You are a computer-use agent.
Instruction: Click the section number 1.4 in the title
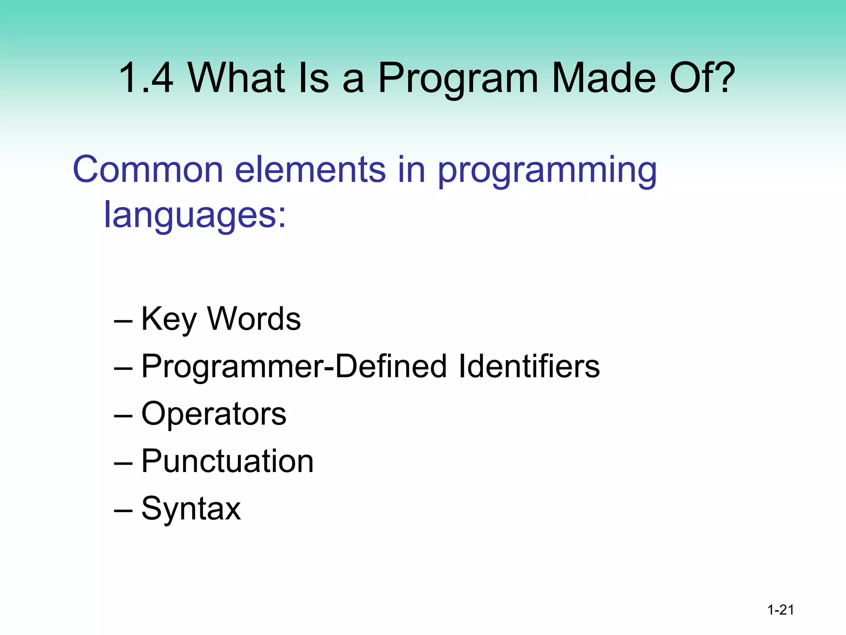click(x=145, y=78)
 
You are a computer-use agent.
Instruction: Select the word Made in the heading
click(x=604, y=78)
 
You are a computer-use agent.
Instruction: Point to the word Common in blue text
click(x=147, y=169)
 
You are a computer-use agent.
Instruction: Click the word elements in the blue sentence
click(x=310, y=169)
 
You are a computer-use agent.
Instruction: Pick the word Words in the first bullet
click(x=254, y=319)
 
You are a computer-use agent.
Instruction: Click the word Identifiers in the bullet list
click(x=529, y=366)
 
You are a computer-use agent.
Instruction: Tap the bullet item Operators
click(x=214, y=413)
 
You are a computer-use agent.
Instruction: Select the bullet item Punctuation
click(x=227, y=461)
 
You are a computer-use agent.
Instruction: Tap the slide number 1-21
click(x=780, y=610)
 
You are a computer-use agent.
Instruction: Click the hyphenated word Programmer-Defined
click(x=294, y=367)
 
